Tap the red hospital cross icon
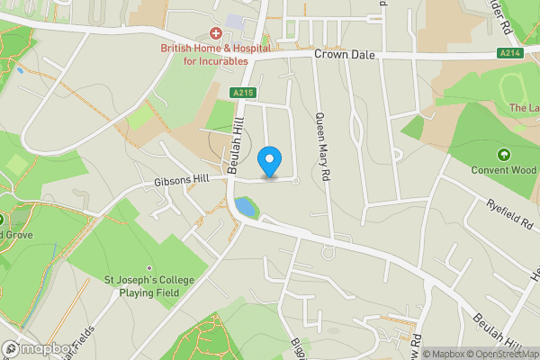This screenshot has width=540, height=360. pyautogui.click(x=216, y=32)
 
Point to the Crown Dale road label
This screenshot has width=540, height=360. pyautogui.click(x=343, y=55)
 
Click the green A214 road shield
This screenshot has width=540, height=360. pyautogui.click(x=510, y=55)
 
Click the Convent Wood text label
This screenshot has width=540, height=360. pyautogui.click(x=503, y=169)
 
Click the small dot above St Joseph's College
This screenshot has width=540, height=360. pyautogui.click(x=149, y=267)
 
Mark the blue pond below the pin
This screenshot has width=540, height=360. pyautogui.click(x=245, y=208)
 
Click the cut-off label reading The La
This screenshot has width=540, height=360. pyautogui.click(x=524, y=108)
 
